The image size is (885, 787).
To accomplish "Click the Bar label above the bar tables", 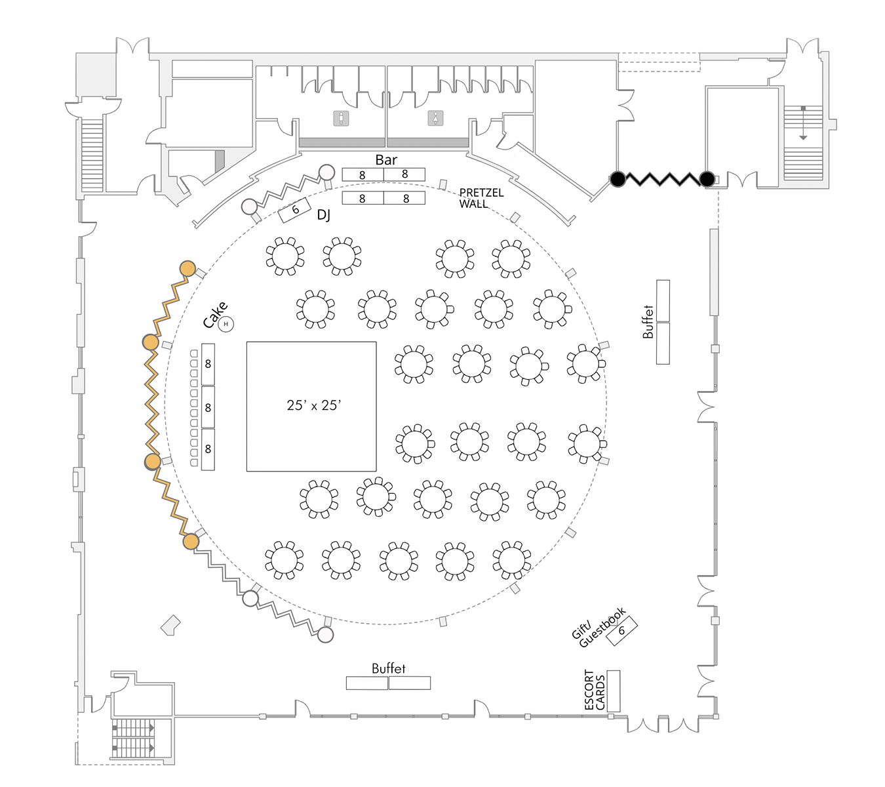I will click(386, 159).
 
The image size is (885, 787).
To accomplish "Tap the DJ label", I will click(324, 215).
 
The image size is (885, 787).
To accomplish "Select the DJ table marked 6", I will click(295, 210).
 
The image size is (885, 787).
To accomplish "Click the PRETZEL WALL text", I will click(481, 198).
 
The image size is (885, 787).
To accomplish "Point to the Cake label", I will click(214, 315).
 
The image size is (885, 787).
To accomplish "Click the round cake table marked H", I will click(226, 324).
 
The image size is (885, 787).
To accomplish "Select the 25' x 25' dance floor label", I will click(314, 405).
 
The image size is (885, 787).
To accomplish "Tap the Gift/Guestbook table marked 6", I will click(621, 630).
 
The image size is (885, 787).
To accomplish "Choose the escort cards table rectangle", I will click(614, 691).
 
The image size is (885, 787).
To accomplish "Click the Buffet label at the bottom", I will click(388, 668).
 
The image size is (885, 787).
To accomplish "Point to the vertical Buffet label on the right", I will click(648, 321).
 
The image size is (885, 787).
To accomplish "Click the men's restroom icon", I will click(340, 119).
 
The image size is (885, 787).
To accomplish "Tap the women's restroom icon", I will click(436, 119).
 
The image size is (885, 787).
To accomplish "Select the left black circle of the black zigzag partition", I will click(618, 178).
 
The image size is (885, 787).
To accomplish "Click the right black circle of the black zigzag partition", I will click(707, 178).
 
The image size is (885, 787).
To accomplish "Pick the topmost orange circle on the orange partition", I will click(188, 268).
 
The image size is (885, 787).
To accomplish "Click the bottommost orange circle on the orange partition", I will click(191, 542).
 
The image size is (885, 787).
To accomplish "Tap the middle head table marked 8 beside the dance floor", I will click(208, 407).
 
